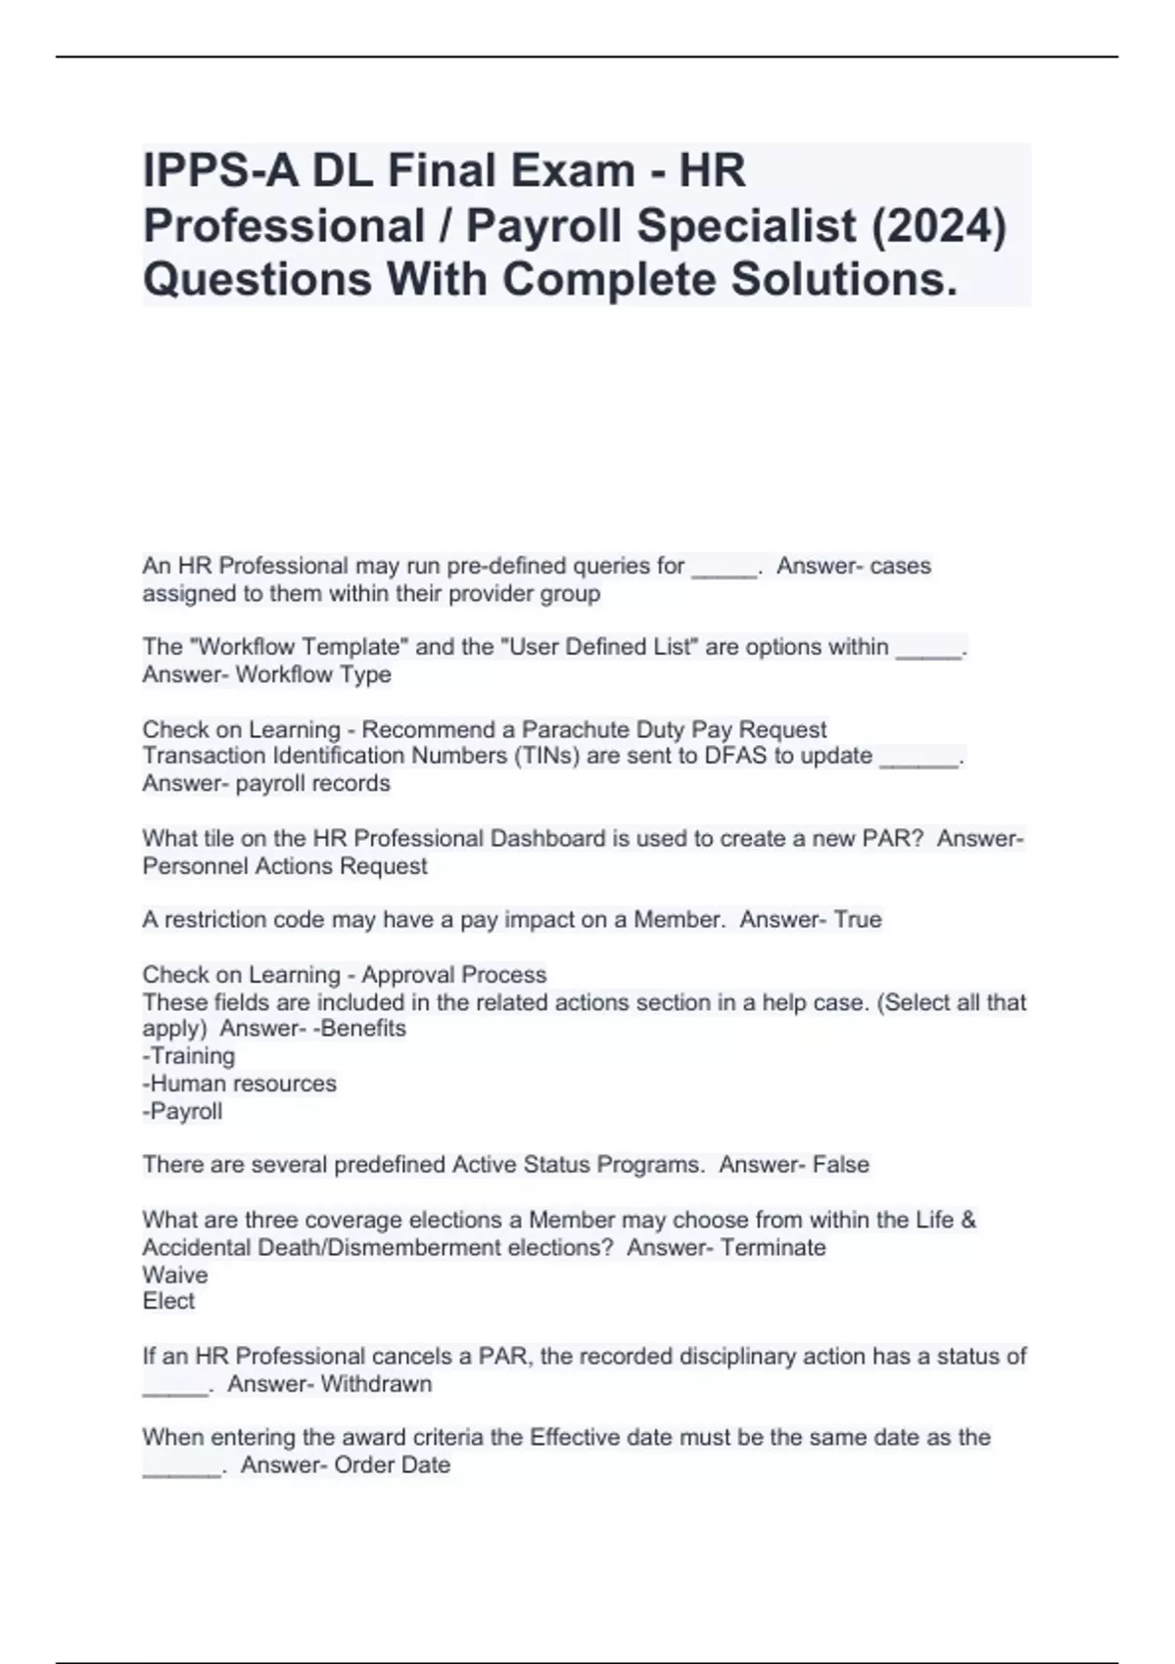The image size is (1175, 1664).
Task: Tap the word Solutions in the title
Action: (844, 279)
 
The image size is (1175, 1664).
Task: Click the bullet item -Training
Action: (189, 1056)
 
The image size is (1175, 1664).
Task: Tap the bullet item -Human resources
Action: (239, 1084)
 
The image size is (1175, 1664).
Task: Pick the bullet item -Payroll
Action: (182, 1111)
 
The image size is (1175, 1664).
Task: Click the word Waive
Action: (175, 1274)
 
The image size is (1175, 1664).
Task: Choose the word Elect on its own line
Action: (168, 1301)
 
